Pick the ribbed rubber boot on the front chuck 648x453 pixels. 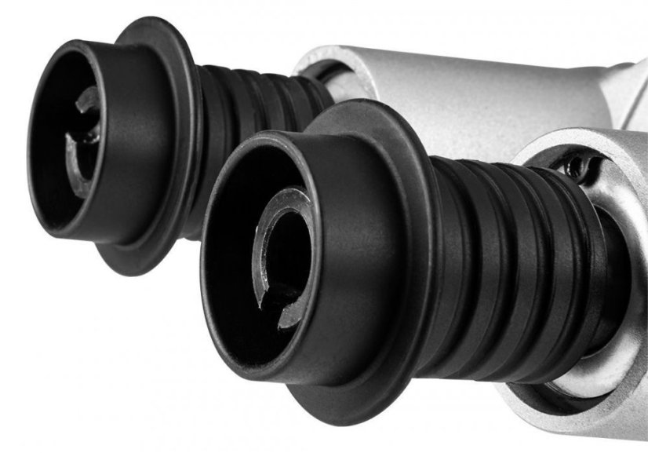coord(502,259)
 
